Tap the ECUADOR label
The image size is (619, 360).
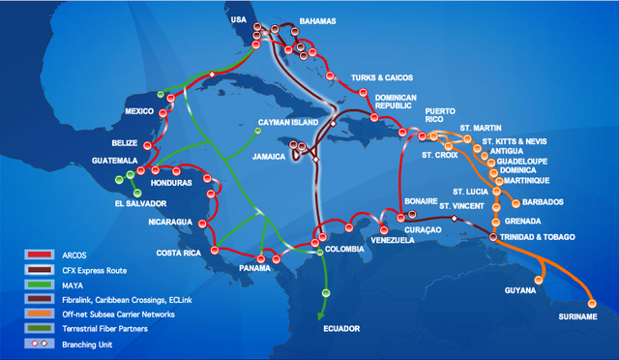[x=341, y=329]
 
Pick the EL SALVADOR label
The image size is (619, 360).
[x=139, y=204]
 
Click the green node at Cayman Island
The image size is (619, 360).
[x=257, y=132]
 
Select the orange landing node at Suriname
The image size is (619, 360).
[x=592, y=304]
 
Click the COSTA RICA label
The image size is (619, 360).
[x=177, y=254]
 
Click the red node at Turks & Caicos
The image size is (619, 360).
[x=363, y=93]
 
